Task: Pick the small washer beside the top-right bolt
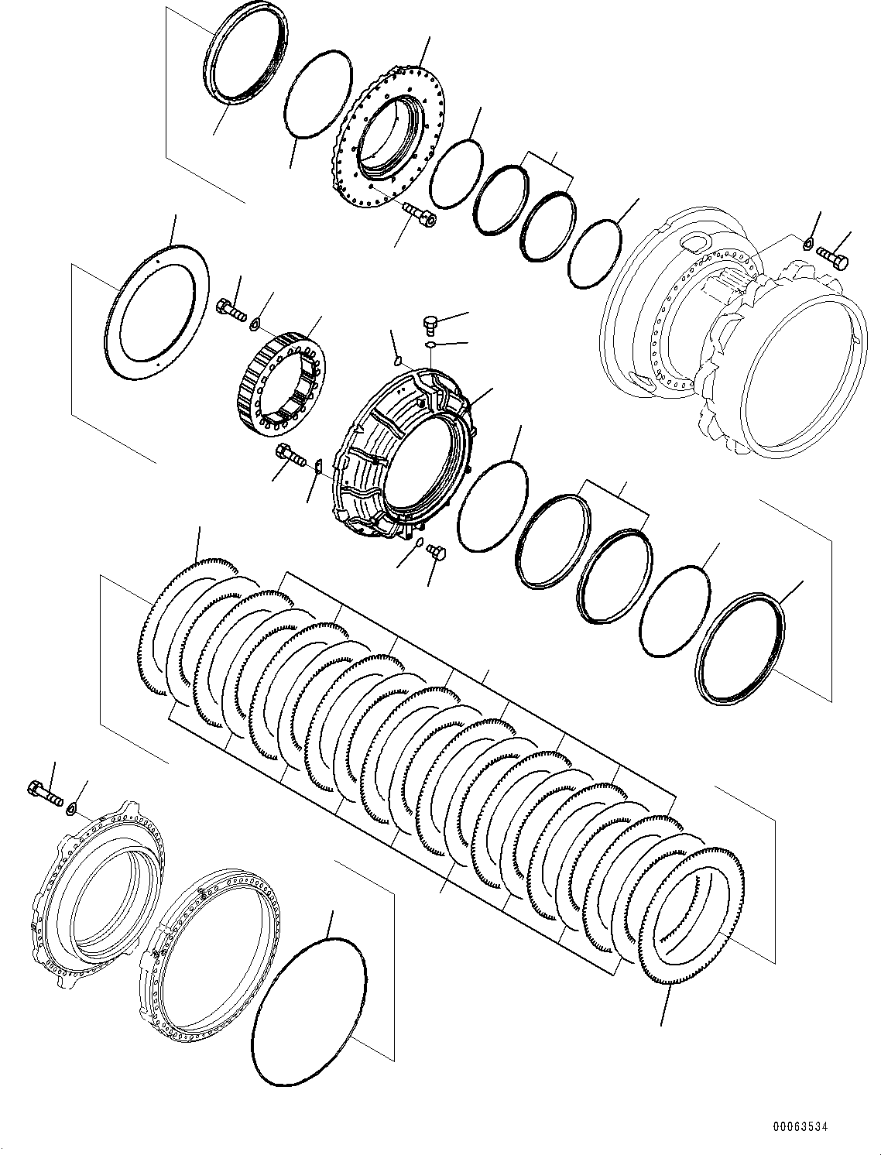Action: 807,245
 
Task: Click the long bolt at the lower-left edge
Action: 44,793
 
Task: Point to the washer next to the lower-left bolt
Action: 71,809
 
